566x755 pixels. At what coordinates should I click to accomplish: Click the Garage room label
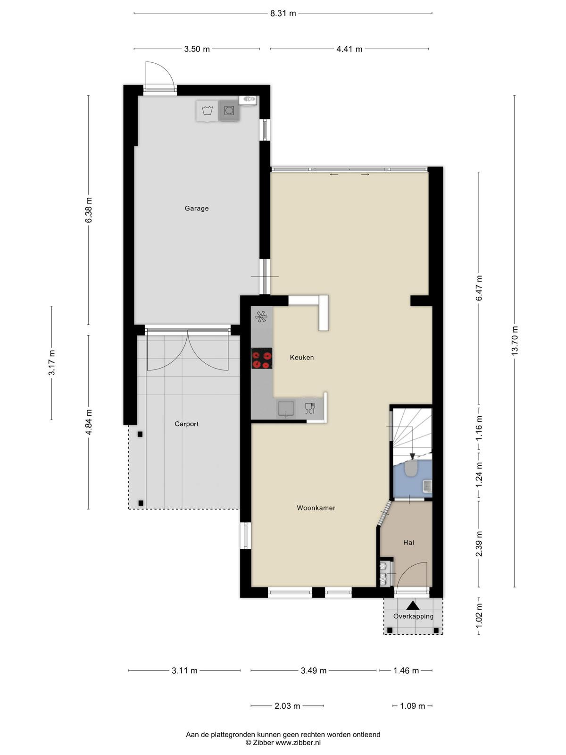coord(197,208)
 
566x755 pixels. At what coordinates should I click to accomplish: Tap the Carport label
coord(187,424)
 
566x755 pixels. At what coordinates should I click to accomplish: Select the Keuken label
coord(302,357)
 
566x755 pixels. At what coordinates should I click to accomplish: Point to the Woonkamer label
coord(316,508)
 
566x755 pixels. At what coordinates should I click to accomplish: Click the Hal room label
coord(408,543)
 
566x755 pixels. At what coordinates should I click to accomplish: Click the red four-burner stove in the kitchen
coord(262,359)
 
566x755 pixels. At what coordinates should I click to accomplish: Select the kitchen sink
coord(286,408)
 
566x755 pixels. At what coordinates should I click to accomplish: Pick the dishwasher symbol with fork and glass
coord(310,408)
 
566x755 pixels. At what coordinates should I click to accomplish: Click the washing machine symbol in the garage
coord(207,111)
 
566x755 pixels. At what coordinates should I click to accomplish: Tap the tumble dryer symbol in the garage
coord(229,111)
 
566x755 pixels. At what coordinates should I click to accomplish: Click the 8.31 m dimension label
coord(283,13)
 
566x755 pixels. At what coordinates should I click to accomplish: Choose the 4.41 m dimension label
coord(349,49)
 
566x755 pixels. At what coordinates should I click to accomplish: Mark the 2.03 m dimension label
coord(287,706)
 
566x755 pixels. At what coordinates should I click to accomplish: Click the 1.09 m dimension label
coord(412,706)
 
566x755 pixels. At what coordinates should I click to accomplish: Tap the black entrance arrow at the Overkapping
coord(414,605)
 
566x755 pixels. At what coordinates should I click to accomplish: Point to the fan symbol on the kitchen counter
coord(261,317)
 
